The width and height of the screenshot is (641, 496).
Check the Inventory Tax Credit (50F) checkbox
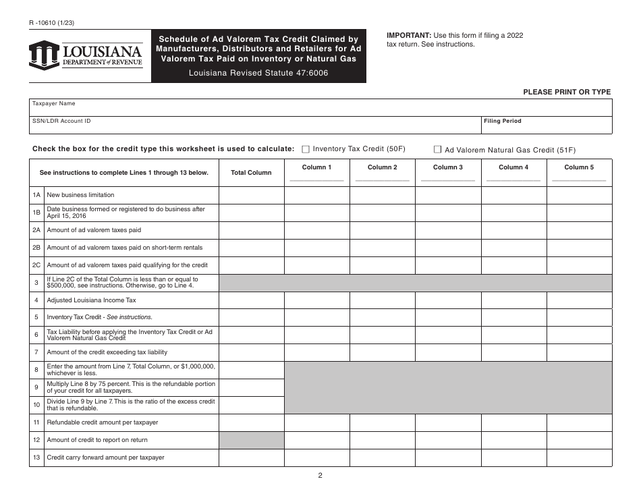[x=306, y=149]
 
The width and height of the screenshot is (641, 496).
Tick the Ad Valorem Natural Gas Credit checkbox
[x=437, y=150]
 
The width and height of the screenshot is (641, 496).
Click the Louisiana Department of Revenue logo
[x=86, y=55]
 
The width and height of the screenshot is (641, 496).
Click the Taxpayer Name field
[x=321, y=107]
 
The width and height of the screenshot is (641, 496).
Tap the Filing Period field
[x=546, y=125]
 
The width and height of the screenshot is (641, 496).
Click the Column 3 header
[x=447, y=167]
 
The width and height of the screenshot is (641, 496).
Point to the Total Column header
[x=251, y=173]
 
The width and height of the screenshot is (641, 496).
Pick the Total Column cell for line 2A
[x=251, y=230]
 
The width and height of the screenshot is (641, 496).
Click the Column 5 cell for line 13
[x=579, y=458]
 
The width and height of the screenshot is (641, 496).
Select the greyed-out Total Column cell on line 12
[x=251, y=440]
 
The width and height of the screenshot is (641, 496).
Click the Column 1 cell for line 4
[x=316, y=300]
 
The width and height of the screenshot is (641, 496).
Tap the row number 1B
[x=37, y=213]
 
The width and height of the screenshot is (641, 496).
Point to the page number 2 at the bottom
[x=320, y=475]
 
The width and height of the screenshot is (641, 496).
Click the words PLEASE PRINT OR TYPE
[x=567, y=92]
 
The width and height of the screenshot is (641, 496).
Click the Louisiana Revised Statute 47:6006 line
[x=258, y=73]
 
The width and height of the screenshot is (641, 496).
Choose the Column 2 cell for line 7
[x=382, y=352]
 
